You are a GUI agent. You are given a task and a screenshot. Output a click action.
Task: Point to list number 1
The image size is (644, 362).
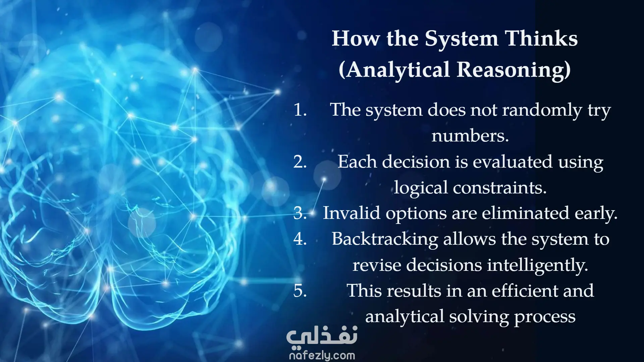(x=300, y=110)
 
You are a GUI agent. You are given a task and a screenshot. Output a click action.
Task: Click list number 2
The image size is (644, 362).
(x=300, y=162)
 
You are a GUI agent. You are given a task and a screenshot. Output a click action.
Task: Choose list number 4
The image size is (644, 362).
(x=300, y=239)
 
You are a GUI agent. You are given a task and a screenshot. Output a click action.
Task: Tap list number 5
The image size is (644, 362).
(x=300, y=291)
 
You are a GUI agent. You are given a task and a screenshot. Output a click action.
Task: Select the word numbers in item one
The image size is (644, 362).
(x=470, y=136)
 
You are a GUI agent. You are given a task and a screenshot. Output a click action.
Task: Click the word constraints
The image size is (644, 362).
(x=500, y=188)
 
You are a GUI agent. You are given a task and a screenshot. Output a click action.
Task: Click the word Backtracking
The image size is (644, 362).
(x=385, y=240)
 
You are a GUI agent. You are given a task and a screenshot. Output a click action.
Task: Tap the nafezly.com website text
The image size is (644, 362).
(x=322, y=355)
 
